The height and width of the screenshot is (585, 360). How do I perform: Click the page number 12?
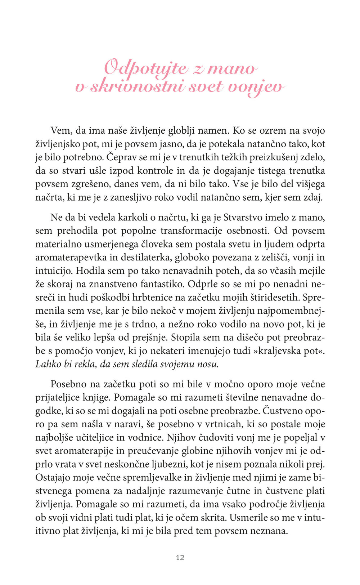click(180, 558)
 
